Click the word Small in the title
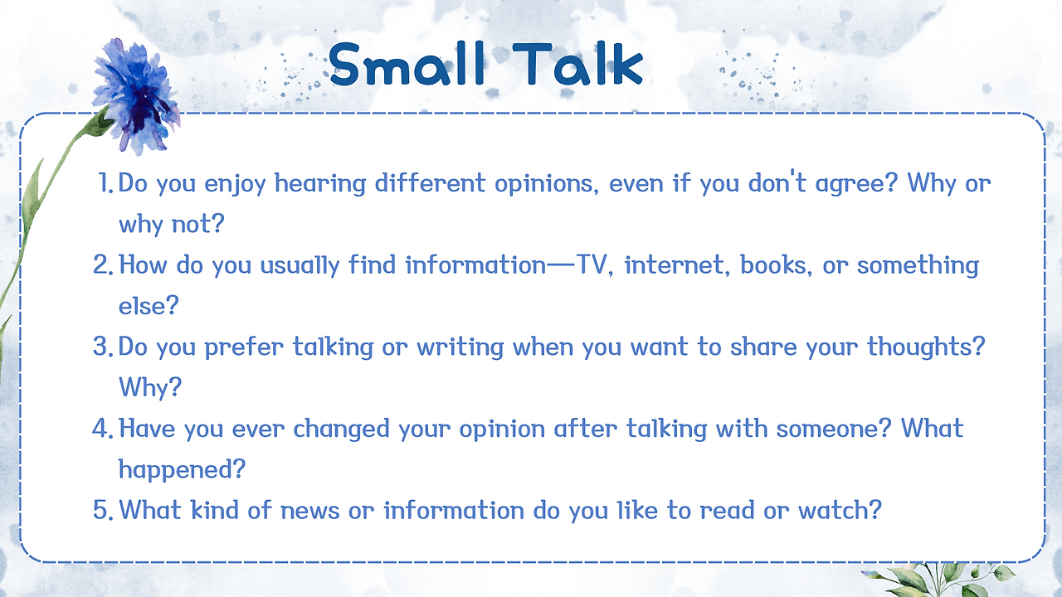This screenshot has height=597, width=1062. pyautogui.click(x=407, y=64)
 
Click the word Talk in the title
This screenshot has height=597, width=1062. pyautogui.click(x=577, y=64)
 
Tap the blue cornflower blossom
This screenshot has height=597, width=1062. pyautogui.click(x=137, y=96)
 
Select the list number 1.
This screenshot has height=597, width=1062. pyautogui.click(x=105, y=183)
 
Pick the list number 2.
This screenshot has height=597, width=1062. pyautogui.click(x=103, y=265)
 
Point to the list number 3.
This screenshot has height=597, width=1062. pyautogui.click(x=103, y=347)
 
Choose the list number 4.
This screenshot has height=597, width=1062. pyautogui.click(x=103, y=429)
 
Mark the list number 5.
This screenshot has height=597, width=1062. pyautogui.click(x=103, y=510)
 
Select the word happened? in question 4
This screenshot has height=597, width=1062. pyautogui.click(x=182, y=470)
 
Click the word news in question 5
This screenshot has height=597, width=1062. pyautogui.click(x=310, y=511)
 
